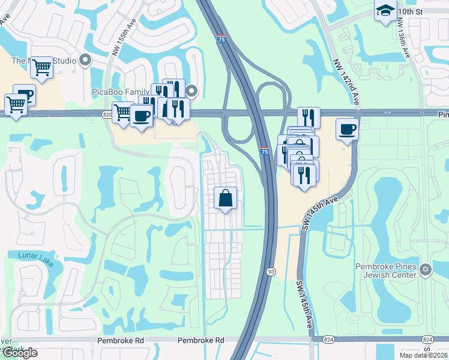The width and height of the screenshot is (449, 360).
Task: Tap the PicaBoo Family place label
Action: pyautogui.click(x=120, y=92)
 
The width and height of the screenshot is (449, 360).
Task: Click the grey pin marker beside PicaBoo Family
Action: pyautogui.click(x=191, y=91)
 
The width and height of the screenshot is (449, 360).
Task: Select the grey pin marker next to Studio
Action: pyautogui.click(x=85, y=60)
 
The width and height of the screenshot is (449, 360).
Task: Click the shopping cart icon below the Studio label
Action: pyautogui.click(x=41, y=67)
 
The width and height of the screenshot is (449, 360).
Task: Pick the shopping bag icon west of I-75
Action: pyautogui.click(x=225, y=197)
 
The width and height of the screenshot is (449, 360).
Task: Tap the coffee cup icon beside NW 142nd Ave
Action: pyautogui.click(x=347, y=128)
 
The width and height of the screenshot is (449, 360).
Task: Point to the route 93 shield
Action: pyautogui.click(x=271, y=272)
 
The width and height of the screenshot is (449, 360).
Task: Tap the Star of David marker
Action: pyautogui.click(x=426, y=268)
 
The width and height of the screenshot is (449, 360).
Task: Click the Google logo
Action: pyautogui.click(x=20, y=353)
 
